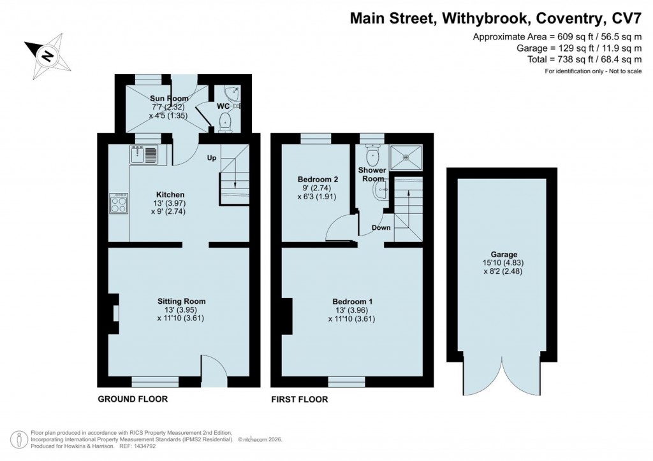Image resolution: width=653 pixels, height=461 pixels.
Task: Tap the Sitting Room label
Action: (182, 301)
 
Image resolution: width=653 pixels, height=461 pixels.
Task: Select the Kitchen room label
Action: (171, 194)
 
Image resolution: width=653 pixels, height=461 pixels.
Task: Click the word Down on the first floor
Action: (381, 227)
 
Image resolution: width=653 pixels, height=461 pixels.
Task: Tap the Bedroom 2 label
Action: (318, 180)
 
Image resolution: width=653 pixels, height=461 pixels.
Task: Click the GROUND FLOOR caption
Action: (133, 399)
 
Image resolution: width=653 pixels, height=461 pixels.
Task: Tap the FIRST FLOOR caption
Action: (299, 399)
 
